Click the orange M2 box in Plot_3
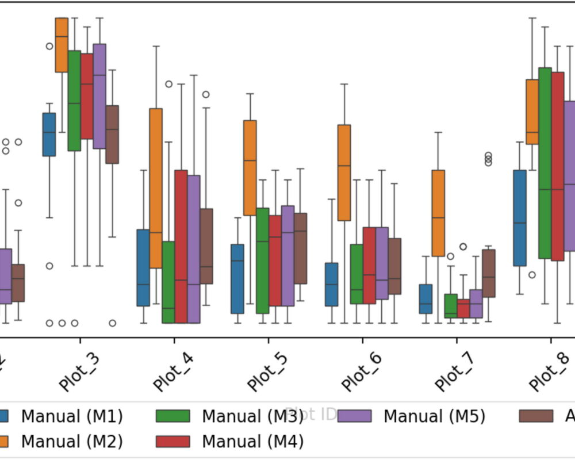tap(62, 45)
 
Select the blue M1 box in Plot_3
tap(49, 134)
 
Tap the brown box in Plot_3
tap(112, 134)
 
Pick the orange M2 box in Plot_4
tap(156, 188)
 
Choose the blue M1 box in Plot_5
tap(237, 279)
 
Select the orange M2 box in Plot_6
tap(344, 172)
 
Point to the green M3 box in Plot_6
tap(356, 274)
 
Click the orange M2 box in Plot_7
tap(438, 213)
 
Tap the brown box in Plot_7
tap(488, 273)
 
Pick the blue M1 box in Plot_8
tap(520, 218)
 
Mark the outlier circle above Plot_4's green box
tap(169, 84)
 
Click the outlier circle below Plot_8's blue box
tap(532, 275)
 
